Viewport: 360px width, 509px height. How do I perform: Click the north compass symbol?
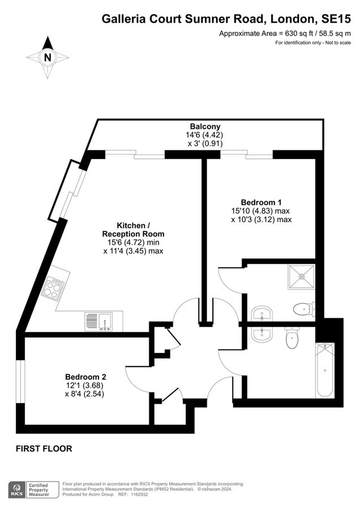point(48,57)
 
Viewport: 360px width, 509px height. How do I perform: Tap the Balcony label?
point(205,126)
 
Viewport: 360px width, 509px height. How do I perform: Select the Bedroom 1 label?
point(262,202)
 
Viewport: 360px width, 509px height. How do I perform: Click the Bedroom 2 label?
point(85,377)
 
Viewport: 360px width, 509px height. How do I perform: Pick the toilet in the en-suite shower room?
point(304,309)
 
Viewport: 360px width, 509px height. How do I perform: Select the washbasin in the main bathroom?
point(260,334)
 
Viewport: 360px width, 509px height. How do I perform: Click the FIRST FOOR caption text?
point(44,448)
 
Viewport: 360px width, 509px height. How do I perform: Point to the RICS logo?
point(16,490)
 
